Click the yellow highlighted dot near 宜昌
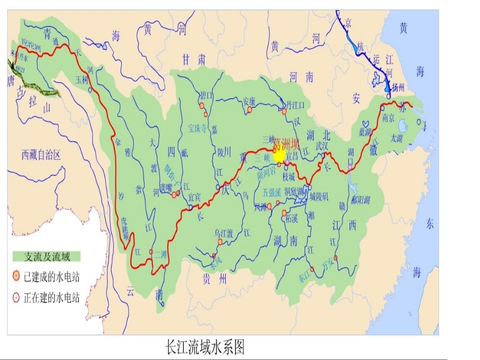[x=279, y=156]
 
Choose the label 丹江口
[x=296, y=105]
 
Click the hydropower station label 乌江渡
[x=223, y=233]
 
